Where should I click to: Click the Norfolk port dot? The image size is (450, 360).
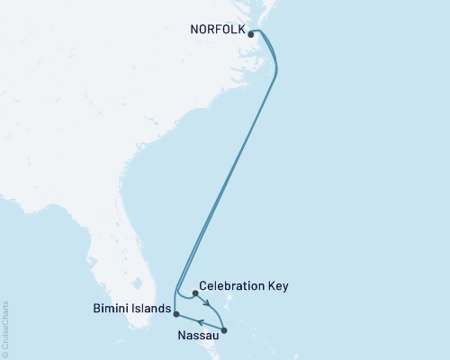point(250,36)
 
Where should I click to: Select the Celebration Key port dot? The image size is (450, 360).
point(195,293)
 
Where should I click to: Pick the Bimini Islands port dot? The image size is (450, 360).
point(176,314)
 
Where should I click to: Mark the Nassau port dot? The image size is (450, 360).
point(224,331)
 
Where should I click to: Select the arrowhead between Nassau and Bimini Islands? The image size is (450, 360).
point(200,322)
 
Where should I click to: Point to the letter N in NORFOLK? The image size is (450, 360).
point(193,28)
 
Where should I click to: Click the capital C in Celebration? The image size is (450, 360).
point(203,286)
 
